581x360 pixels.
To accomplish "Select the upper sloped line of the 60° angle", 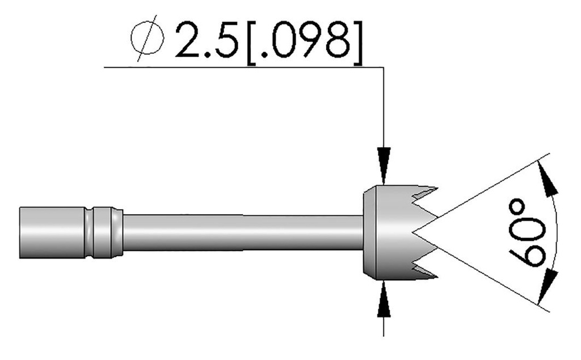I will (482, 193).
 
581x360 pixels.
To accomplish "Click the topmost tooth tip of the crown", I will (436, 188).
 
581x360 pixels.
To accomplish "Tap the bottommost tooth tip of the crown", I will (436, 277).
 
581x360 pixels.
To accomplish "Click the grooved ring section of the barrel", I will (102, 232).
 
